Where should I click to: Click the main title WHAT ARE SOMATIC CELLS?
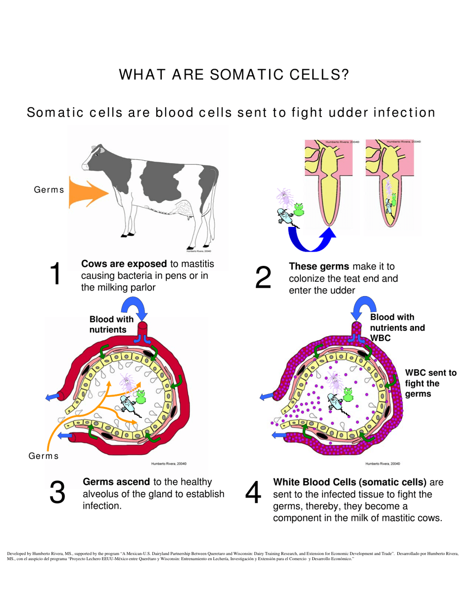pos(235,75)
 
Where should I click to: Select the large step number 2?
pos(263,277)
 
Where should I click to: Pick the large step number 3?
pos(57,492)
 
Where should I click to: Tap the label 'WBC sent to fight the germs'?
pos(430,383)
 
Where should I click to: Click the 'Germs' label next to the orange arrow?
pos(48,189)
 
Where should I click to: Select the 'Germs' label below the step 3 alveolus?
pos(43,456)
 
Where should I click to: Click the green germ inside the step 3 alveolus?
pos(141,395)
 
